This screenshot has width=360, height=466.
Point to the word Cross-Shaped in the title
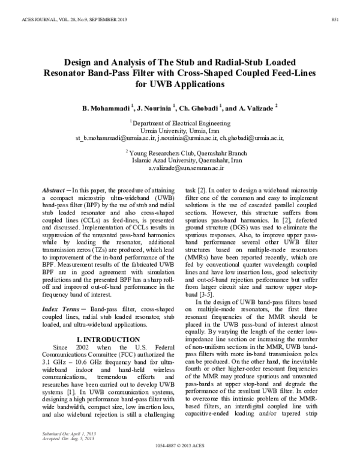tap(233, 73)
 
